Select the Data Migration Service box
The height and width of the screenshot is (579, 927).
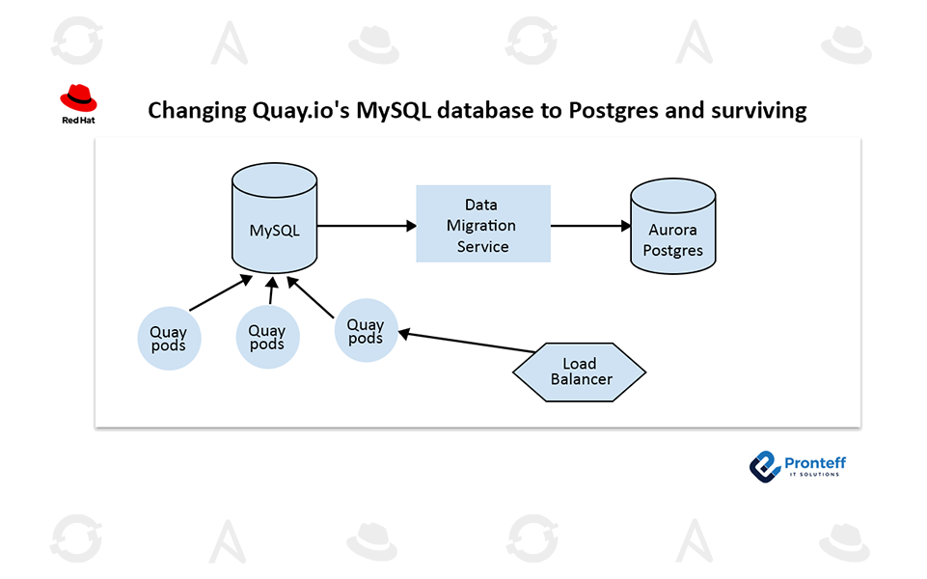tap(482, 224)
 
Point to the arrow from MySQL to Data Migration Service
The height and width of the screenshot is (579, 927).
tap(367, 226)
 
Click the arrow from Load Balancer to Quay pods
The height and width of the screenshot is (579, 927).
tap(467, 343)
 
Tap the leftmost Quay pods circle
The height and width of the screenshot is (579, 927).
tap(169, 339)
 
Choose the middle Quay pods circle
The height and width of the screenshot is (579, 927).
tap(267, 337)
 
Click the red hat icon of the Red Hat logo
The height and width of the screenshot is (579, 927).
tap(79, 96)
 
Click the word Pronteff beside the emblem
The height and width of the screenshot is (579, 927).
tap(815, 463)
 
